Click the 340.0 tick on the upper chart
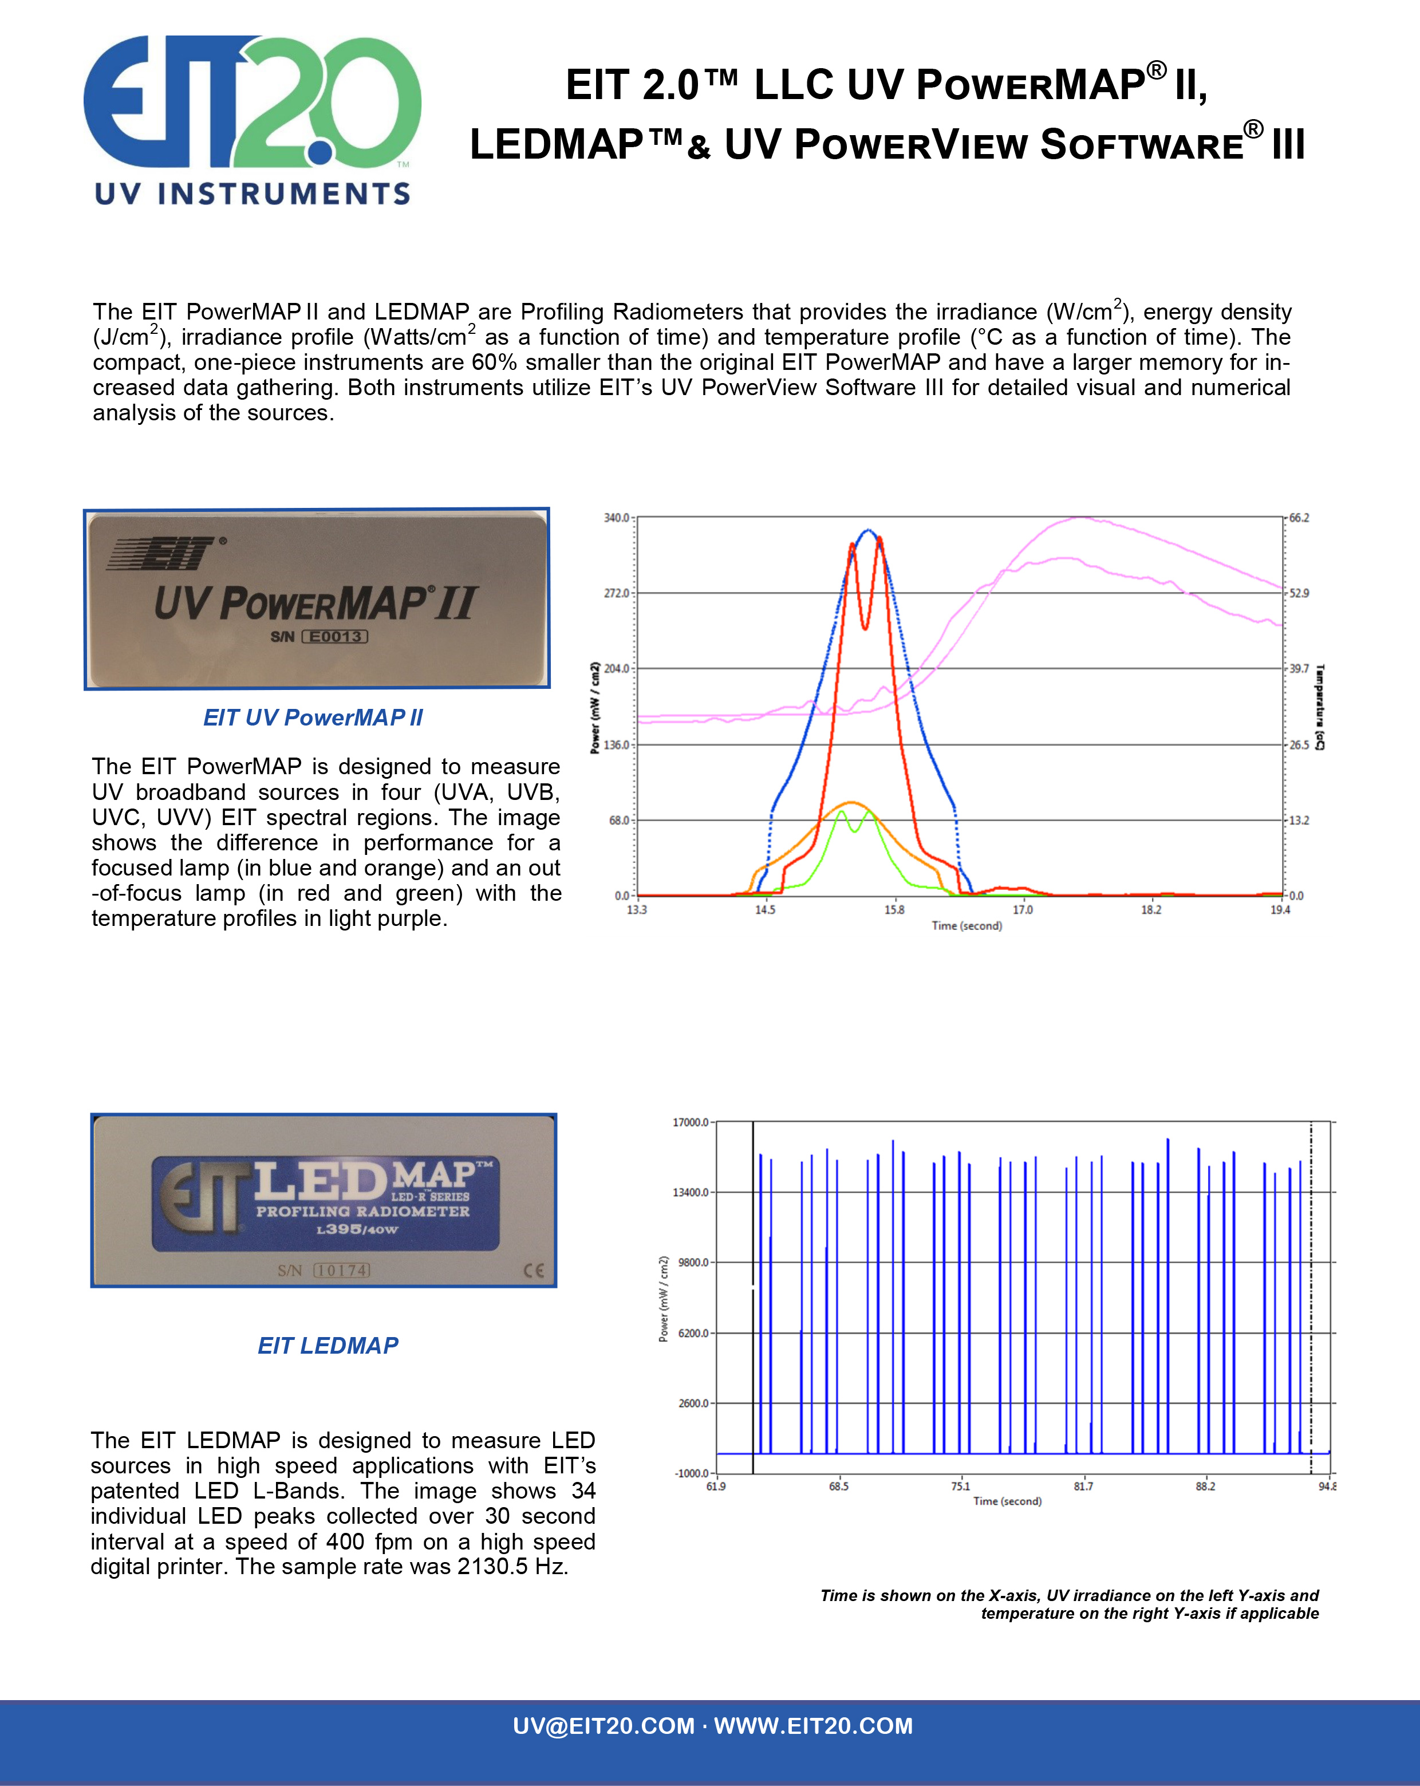click(x=616, y=518)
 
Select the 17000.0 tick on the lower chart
click(x=691, y=1122)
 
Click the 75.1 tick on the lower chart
click(x=960, y=1486)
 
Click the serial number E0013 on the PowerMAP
click(x=335, y=636)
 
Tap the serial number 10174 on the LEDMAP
click(x=341, y=1270)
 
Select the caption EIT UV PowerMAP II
click(x=313, y=717)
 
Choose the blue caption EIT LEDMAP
click(x=328, y=1345)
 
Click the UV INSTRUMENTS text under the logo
click(x=253, y=194)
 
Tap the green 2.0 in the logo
click(x=332, y=104)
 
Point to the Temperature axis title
click(x=1320, y=707)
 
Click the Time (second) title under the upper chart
click(x=967, y=925)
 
